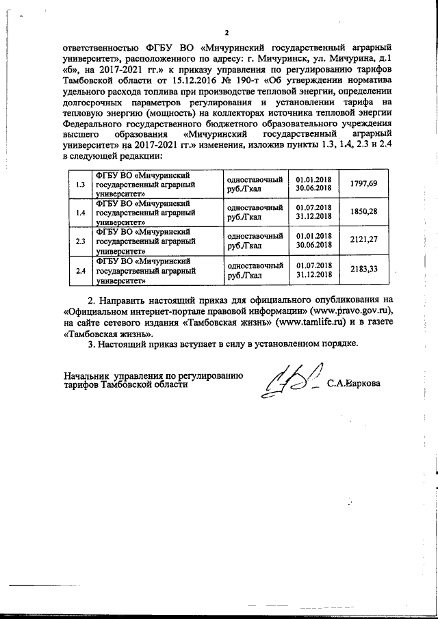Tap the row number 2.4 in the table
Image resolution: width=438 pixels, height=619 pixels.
pyautogui.click(x=80, y=271)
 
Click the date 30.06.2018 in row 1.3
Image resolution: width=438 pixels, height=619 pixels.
pyautogui.click(x=314, y=188)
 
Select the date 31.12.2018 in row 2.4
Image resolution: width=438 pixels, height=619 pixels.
pyautogui.click(x=314, y=274)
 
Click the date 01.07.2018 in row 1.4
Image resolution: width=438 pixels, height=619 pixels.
pyautogui.click(x=314, y=207)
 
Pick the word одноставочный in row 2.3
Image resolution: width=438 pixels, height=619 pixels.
pyautogui.click(x=255, y=235)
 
